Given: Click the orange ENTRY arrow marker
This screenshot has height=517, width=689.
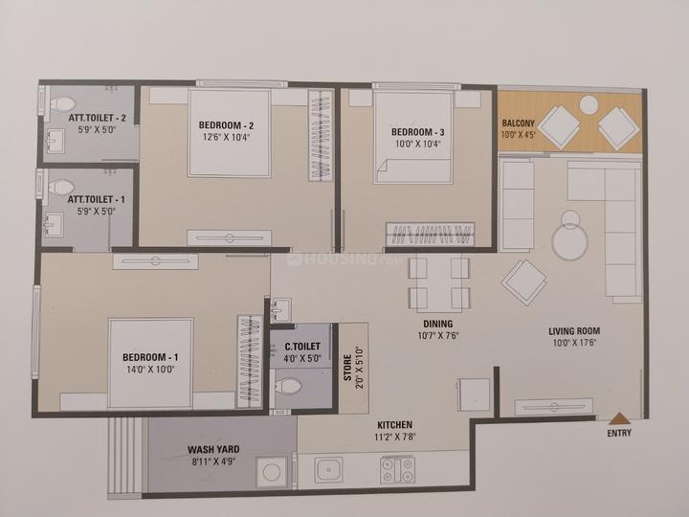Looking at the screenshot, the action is coord(619,418).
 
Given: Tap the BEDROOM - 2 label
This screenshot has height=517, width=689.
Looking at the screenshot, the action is coord(226,125).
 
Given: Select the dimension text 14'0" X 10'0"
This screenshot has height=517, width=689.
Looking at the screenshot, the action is coord(151,370).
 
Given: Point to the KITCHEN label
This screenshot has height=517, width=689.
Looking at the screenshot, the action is coord(395,425).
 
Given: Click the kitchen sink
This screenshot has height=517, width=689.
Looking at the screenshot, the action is coord(328,469).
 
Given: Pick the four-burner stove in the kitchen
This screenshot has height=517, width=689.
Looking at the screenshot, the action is coord(398,469).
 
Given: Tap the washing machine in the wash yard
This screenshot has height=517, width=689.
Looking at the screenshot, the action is coord(272,472).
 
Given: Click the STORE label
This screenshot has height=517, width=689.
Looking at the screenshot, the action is coord(347,368).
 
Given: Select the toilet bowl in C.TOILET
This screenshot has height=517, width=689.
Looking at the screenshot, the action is coord(289,387).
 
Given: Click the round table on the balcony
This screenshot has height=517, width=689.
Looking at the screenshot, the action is coord(589,105).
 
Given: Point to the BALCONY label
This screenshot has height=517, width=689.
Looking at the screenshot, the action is coord(519,124).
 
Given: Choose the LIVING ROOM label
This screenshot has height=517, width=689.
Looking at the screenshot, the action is coord(574,331).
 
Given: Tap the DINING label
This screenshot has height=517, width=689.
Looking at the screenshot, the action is coord(438,324).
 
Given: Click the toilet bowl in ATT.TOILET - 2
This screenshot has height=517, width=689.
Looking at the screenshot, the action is coord(62,104).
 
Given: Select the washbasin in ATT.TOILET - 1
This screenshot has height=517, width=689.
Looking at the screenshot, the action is coord(54,225).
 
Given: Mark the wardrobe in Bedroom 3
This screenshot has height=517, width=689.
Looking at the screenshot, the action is coord(431,234).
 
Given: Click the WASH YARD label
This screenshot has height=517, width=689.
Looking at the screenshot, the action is coord(213,450).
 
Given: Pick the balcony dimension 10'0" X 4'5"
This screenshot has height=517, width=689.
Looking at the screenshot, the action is coord(519,135).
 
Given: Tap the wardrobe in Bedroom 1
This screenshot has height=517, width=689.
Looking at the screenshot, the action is coord(250,361).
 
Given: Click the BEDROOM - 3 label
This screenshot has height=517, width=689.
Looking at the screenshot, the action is coord(418,132).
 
